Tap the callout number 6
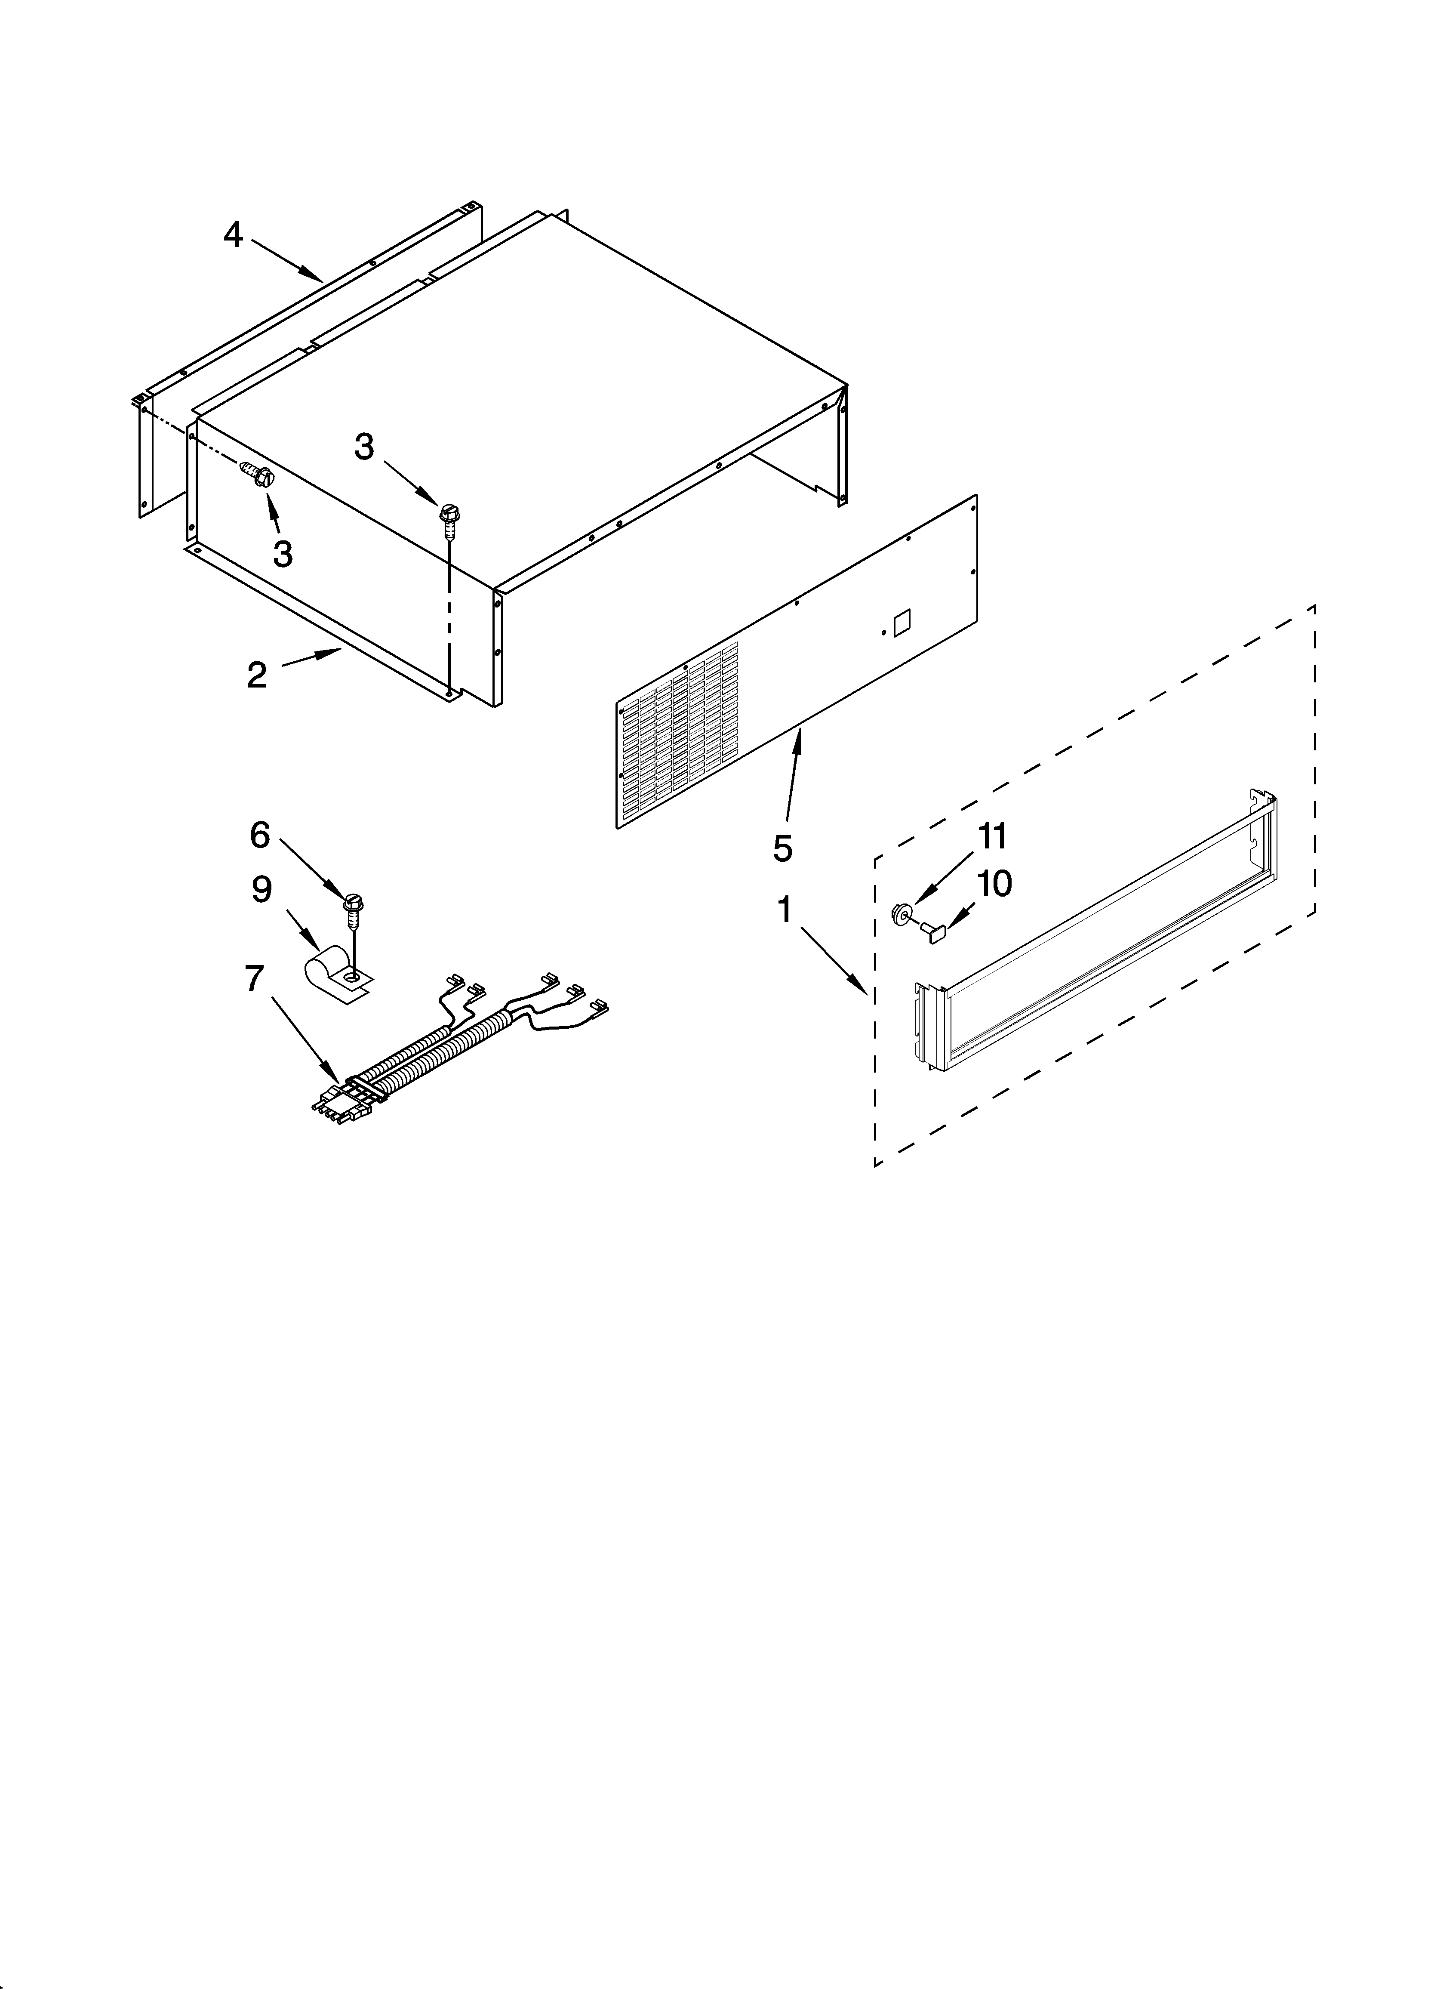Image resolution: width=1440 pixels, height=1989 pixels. click(x=260, y=835)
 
